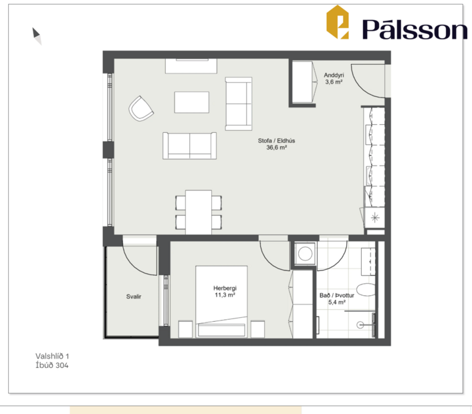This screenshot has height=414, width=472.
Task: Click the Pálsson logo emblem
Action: click(x=338, y=22)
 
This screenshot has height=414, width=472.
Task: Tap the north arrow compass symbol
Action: click(x=37, y=35)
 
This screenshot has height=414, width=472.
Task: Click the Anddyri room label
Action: click(x=334, y=75)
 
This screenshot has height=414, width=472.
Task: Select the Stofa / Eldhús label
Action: click(x=277, y=141)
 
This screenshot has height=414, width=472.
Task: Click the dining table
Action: click(x=199, y=212)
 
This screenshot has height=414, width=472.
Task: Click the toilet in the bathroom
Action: click(x=365, y=290)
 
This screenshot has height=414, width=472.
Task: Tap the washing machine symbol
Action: click(x=304, y=254)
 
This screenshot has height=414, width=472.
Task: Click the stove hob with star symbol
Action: click(x=374, y=218)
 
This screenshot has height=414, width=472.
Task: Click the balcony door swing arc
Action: click(x=139, y=258)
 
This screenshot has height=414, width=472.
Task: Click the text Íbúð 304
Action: click(x=52, y=365)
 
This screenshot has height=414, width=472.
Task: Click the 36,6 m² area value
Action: click(x=277, y=148)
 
